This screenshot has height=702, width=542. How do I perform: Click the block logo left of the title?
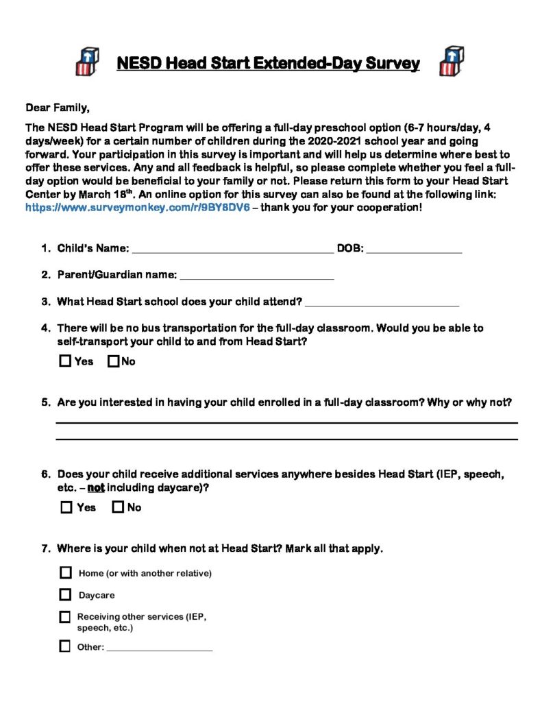tap(88, 62)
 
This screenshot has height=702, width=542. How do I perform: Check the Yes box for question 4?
tap(65, 361)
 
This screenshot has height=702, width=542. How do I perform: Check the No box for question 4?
tap(114, 361)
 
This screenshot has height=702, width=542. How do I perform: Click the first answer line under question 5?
tap(286, 422)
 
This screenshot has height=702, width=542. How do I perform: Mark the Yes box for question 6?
tap(66, 507)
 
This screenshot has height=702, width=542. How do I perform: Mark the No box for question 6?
tap(118, 507)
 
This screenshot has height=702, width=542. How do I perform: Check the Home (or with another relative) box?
tap(66, 572)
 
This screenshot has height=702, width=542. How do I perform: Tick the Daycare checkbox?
tap(65, 595)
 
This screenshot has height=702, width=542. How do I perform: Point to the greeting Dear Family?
tap(58, 108)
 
